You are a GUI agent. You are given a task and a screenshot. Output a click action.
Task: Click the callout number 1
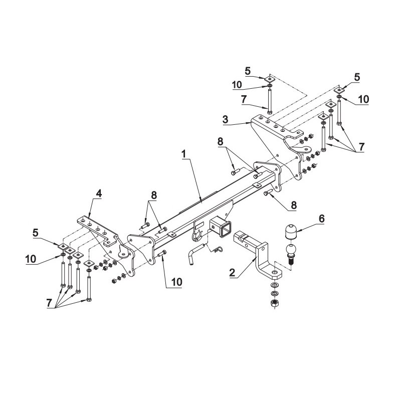(184, 154)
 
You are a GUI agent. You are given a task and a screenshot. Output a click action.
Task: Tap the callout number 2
(232, 273)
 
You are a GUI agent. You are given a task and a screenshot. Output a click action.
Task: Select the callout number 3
(225, 119)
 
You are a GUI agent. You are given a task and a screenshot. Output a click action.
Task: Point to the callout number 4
(98, 193)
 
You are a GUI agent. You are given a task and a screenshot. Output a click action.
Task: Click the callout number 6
(321, 219)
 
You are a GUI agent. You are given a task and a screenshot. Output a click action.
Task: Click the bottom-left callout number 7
(49, 303)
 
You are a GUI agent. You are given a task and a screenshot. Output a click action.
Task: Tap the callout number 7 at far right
(361, 146)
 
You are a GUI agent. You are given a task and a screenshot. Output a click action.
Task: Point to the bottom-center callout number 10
(176, 282)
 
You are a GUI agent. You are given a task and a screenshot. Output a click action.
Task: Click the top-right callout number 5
(357, 77)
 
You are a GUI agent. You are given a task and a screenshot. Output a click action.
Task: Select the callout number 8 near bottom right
(293, 206)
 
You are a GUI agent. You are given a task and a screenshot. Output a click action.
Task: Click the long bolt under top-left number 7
(270, 102)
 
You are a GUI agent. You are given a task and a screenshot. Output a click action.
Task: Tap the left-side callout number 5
(36, 233)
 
